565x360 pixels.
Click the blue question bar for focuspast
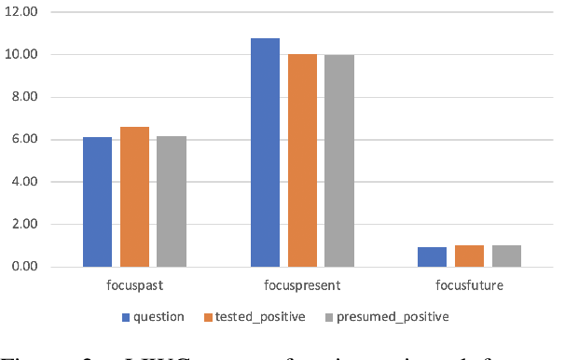(97, 202)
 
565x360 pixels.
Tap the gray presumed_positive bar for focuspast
(171, 201)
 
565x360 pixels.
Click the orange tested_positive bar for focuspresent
(302, 160)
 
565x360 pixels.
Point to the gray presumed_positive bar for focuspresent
(338, 160)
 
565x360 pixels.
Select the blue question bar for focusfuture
(433, 256)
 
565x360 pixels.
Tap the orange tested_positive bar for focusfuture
(469, 256)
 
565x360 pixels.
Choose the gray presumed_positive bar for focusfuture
(506, 256)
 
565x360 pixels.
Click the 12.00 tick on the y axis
(34, 12)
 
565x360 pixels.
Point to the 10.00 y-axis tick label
(34, 55)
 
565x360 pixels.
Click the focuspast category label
(134, 284)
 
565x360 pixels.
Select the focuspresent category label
(301, 284)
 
